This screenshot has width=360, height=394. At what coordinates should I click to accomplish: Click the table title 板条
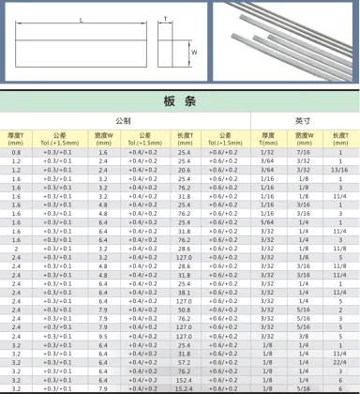click(179, 102)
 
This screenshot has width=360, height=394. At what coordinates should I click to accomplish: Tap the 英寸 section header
click(302, 121)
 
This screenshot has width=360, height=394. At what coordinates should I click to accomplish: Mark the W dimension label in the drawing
click(192, 53)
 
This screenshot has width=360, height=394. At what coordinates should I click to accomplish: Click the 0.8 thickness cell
click(16, 151)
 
